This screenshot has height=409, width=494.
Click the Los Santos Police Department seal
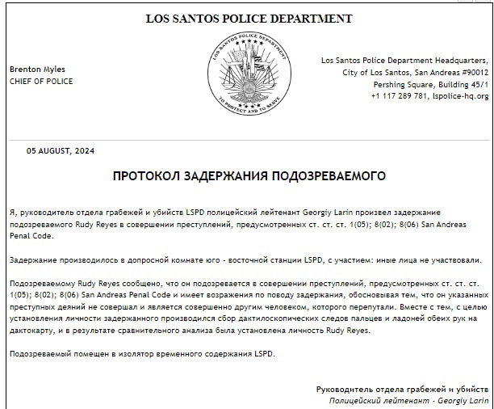[x=248, y=73]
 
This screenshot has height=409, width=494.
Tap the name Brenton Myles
[x=37, y=70]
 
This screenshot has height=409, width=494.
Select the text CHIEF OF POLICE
[x=41, y=82]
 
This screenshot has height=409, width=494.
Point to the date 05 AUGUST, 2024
[x=61, y=151]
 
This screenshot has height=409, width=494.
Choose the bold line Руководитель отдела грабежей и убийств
[x=402, y=390]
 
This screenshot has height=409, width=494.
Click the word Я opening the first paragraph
[x=14, y=212]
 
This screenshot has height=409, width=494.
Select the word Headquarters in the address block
[x=460, y=61]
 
